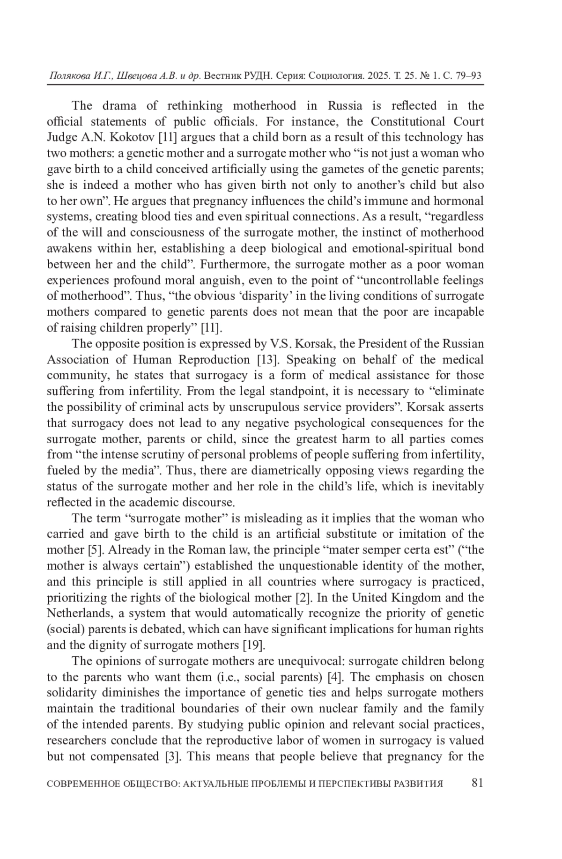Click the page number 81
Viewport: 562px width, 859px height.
click(x=477, y=783)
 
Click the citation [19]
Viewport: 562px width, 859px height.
click(x=253, y=645)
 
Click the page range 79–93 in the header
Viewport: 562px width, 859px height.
click(x=467, y=76)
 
